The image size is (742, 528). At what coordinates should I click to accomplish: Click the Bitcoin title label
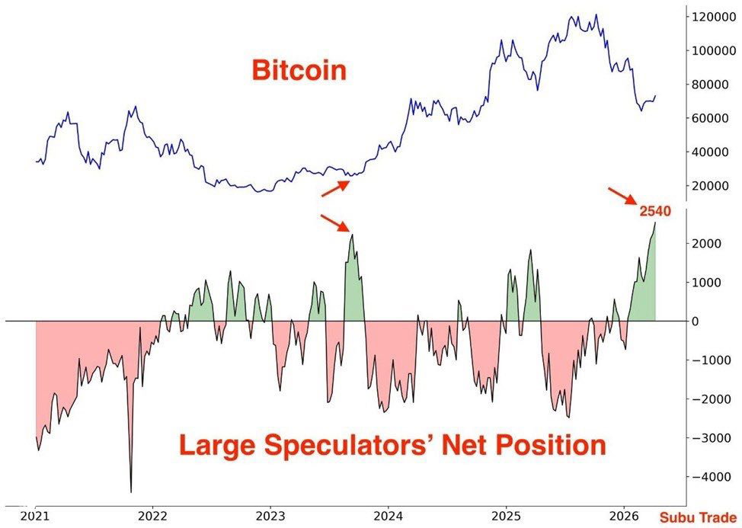tap(299, 71)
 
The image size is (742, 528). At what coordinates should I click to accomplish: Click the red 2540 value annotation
tap(655, 211)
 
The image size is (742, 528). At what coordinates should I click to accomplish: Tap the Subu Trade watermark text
tap(697, 517)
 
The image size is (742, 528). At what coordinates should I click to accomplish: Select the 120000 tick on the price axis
tap(713, 16)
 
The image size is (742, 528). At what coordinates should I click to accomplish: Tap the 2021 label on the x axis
tap(35, 516)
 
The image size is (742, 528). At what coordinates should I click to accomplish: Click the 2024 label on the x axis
tap(389, 516)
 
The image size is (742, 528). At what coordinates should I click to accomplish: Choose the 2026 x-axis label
tap(625, 516)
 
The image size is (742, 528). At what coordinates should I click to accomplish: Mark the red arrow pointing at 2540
tap(622, 195)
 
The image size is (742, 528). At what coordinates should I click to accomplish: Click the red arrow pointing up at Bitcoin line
tap(335, 188)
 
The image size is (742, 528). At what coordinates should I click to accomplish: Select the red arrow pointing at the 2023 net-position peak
tap(334, 222)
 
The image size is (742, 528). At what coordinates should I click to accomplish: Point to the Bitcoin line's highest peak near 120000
tap(596, 15)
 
